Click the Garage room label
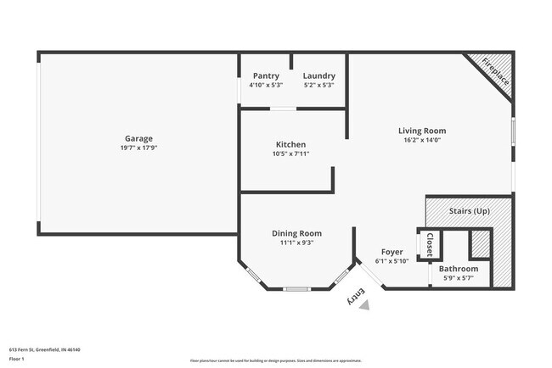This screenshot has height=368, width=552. [x=138, y=138]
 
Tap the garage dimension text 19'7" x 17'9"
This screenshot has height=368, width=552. [x=138, y=148]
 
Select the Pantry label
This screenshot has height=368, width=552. [x=266, y=75]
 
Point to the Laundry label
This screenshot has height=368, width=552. [x=318, y=75]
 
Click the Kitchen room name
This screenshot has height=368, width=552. [x=290, y=144]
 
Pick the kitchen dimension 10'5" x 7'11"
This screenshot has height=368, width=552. [x=290, y=153]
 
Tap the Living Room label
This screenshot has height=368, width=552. [x=422, y=131]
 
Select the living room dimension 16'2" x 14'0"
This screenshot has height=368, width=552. [x=422, y=140]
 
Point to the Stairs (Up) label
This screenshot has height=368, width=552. [x=469, y=209]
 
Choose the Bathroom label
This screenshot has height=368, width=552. [x=458, y=269]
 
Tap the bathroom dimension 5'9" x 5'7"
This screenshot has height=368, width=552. [x=458, y=278]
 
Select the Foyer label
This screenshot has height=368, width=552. [x=391, y=252]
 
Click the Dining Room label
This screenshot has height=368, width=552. [x=296, y=233]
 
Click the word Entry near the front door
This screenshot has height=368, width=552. [x=356, y=296]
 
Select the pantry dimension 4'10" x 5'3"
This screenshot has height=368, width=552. [x=266, y=85]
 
